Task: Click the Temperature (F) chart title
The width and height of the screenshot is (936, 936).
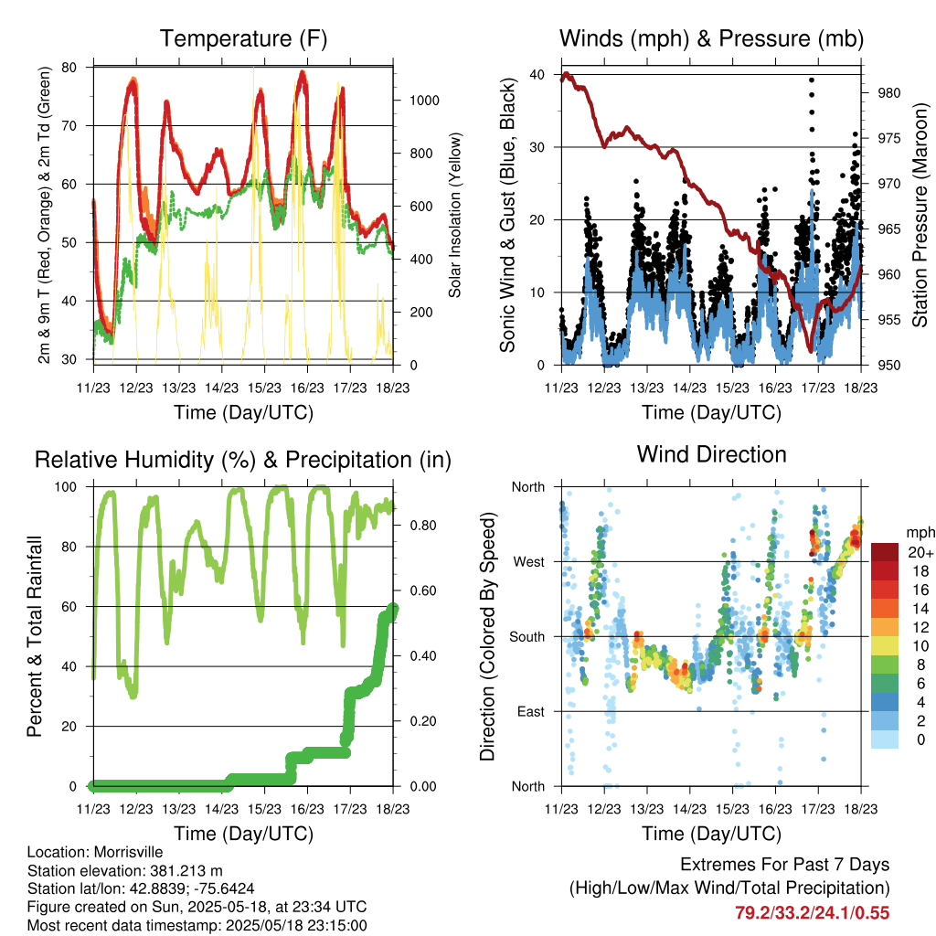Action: pos(243,38)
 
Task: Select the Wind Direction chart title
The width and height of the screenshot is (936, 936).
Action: pos(711,454)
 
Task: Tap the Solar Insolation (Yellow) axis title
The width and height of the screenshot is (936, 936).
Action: pos(455,215)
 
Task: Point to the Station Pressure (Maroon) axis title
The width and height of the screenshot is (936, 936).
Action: pos(920,215)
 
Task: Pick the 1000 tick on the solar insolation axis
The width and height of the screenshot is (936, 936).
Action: pos(425,101)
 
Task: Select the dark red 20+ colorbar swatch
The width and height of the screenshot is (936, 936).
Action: pos(886,552)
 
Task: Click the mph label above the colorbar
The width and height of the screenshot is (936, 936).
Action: pos(918,532)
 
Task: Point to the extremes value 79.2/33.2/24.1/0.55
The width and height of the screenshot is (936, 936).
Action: pos(812,912)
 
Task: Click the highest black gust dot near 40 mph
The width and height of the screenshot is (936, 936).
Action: pos(811,80)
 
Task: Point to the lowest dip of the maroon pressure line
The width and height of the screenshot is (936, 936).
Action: pos(810,350)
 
